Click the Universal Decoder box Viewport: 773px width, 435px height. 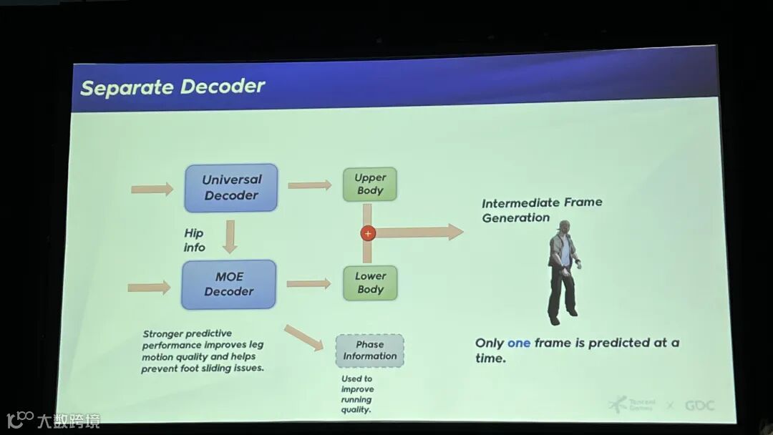coord(230,187)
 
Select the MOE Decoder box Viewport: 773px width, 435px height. coord(229,284)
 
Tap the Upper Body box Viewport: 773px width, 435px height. coord(370,184)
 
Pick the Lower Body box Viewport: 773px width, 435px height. coord(370,283)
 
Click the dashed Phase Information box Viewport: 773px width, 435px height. coord(369,351)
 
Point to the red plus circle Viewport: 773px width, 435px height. coord(368,233)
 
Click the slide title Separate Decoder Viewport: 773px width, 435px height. coord(172,87)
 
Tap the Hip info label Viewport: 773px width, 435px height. coord(194,240)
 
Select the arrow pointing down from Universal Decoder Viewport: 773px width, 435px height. coord(230,237)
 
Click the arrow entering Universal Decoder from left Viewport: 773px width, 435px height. coord(152,190)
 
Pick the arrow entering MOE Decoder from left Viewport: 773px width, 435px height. coord(149,288)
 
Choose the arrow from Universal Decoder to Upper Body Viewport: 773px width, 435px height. coord(309,185)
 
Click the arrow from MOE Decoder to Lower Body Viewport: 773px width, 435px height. coord(308,284)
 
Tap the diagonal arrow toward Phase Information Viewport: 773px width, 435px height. coord(303,338)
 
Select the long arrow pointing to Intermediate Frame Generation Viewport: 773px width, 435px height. coord(419,232)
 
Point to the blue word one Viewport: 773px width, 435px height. coord(519,343)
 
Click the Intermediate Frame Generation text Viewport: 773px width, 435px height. coord(541,210)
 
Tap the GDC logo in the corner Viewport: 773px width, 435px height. coord(699,406)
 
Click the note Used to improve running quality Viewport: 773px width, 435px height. coord(356,394)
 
